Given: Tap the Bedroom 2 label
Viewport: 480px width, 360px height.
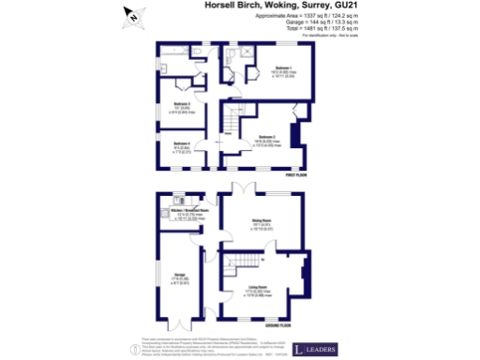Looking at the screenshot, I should (x=267, y=137).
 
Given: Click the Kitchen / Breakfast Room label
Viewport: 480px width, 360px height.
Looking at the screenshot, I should (x=190, y=212).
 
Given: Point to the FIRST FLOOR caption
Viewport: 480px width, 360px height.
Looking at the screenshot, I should (x=296, y=174).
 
